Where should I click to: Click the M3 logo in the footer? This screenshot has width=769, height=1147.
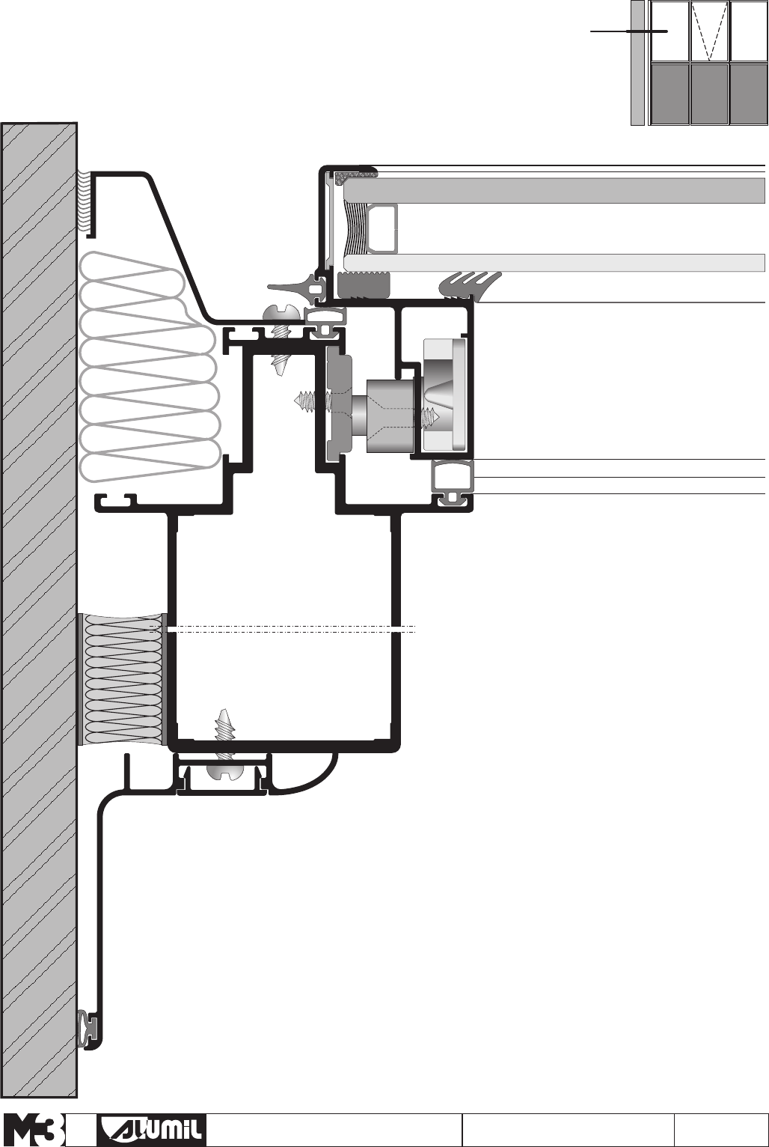point(34,1130)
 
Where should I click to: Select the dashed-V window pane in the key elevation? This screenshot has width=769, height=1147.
point(708,31)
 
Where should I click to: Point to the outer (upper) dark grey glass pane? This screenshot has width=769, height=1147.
point(554,190)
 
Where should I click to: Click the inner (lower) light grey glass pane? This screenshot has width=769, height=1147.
point(554,263)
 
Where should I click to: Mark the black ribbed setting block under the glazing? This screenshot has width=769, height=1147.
point(364,285)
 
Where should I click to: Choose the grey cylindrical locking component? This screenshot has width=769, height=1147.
point(389,416)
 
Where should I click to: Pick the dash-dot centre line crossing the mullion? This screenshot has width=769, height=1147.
point(284,630)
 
